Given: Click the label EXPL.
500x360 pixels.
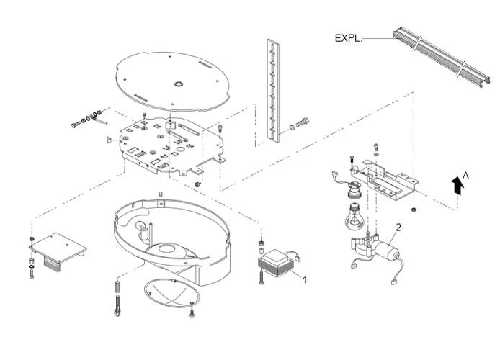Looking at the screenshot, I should point(348,38).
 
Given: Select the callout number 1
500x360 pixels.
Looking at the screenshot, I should point(305,278).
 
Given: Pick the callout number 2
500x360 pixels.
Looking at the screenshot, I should point(398,227).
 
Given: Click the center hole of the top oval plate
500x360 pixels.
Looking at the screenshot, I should point(176,84).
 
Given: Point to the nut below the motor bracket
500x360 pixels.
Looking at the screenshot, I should point(415,209).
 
